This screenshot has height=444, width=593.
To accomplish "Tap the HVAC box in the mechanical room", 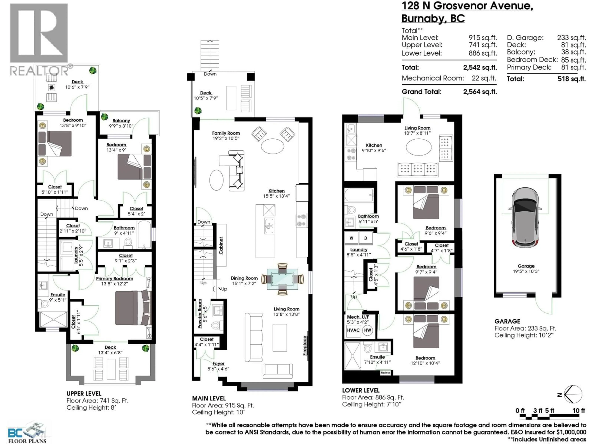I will click(353, 330).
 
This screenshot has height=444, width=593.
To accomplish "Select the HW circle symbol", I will click(368, 330).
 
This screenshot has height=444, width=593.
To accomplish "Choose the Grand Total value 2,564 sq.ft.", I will click(480, 92).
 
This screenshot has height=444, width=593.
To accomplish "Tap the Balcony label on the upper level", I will click(121, 121).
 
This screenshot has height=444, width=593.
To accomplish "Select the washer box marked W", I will click(351, 238).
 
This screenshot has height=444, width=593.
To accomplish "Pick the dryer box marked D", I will click(365, 238).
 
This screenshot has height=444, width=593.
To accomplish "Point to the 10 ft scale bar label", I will click(578, 411).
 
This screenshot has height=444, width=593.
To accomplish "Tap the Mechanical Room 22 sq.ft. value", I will click(484, 78).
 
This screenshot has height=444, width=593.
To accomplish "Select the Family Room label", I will click(226, 133).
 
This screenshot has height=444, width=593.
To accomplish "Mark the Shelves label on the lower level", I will click(385, 372).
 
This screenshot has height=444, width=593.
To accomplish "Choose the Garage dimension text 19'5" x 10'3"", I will click(526, 271).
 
